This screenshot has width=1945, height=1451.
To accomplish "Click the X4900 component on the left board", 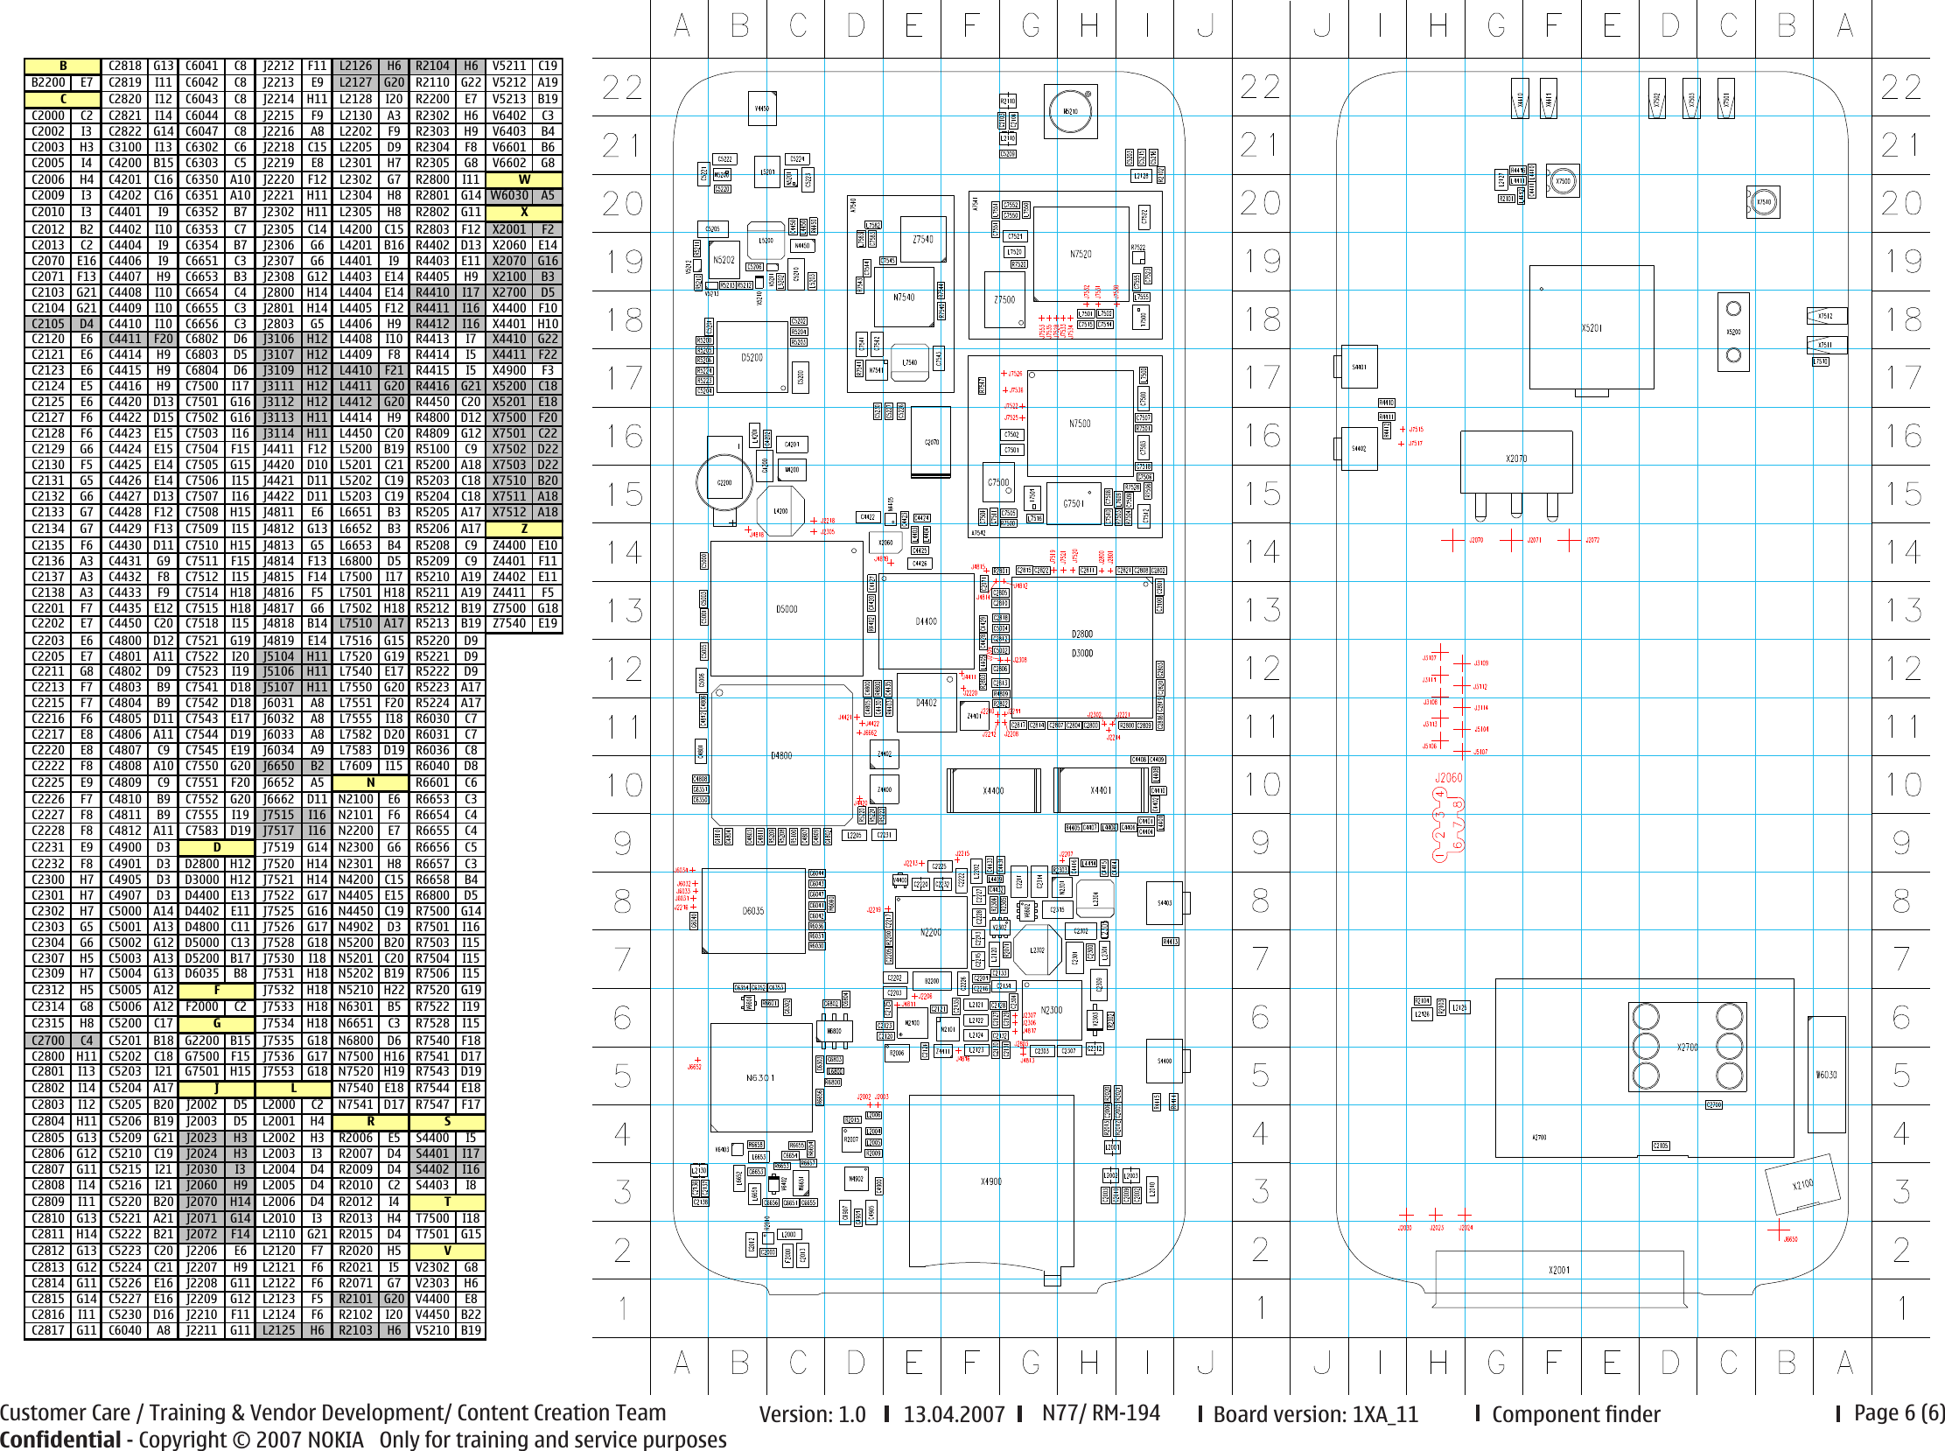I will pos(990,1181).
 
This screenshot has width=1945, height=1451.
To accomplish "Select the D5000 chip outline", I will pos(786,609).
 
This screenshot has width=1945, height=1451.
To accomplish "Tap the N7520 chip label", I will pos(1080,255).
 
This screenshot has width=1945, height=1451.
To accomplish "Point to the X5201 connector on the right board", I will pos(1592,327).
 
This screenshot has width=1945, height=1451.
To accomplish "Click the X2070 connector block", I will pos(1515,459).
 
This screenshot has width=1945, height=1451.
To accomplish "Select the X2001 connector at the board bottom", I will pos(1558,1270).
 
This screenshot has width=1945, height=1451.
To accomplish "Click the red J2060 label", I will pos(1448,778).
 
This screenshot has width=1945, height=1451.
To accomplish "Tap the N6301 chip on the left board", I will pos(759,1077).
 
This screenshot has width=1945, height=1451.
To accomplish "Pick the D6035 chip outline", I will pos(752,911).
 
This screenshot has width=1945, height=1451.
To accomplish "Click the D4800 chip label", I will pos(780,755).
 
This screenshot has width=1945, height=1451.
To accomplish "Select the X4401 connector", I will pos(1101,790).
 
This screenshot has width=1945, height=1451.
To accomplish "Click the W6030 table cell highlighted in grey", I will pos(509,196).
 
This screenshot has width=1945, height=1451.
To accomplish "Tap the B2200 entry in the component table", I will pos(48,82).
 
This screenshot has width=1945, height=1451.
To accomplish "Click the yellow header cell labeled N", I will pos(370,782).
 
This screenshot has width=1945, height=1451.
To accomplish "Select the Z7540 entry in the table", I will pos(509,624).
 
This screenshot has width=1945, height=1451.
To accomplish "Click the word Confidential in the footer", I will pos(59,1440).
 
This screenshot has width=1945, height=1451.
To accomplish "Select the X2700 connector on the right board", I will pos(1687,1047).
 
